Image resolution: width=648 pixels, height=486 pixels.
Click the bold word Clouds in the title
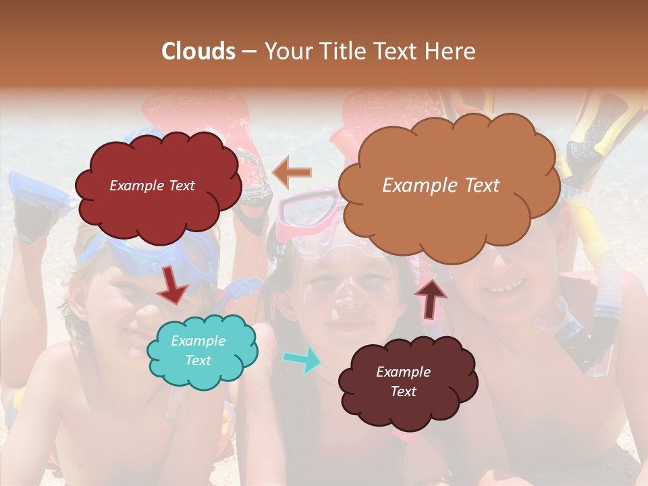click(x=198, y=51)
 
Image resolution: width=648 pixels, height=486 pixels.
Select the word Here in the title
click(x=451, y=51)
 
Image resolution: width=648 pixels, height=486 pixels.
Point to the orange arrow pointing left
click(x=292, y=173)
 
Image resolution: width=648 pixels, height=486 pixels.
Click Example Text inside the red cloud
click(x=152, y=186)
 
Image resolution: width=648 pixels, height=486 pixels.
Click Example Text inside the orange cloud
click(x=441, y=186)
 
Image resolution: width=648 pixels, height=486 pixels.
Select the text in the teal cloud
click(x=198, y=351)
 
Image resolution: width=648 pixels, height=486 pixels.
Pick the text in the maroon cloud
click(x=403, y=382)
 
